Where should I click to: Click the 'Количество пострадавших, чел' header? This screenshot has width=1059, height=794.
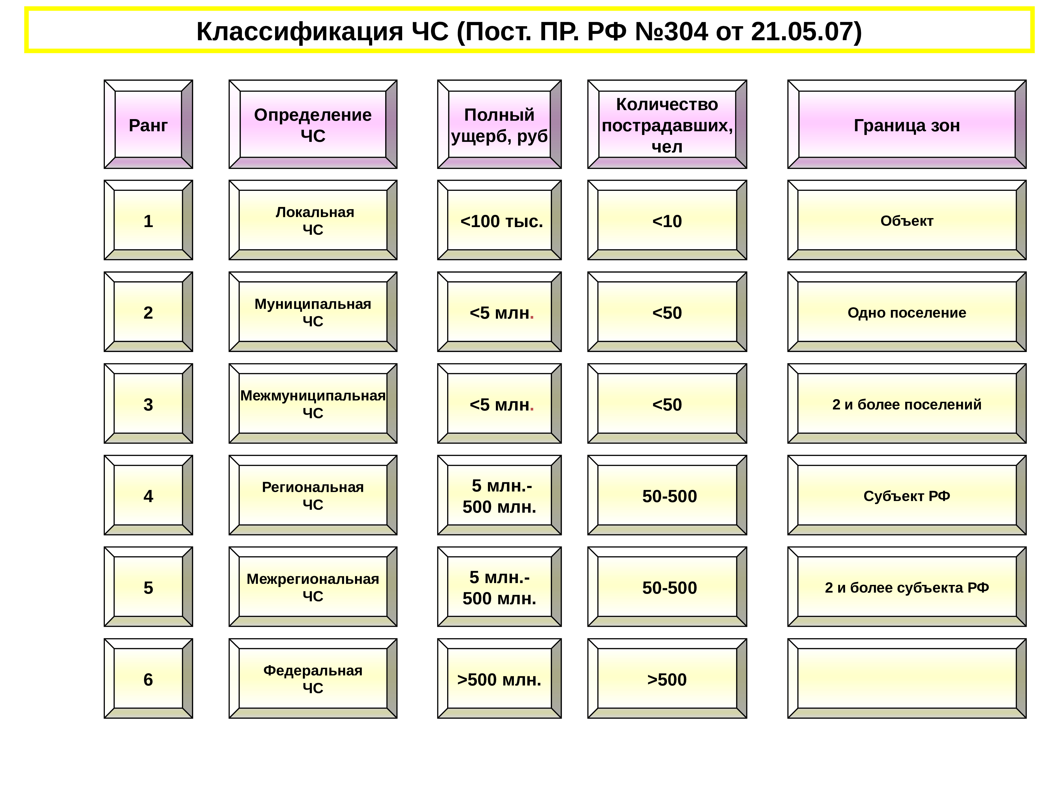point(667,125)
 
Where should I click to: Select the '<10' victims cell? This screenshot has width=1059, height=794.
point(667,221)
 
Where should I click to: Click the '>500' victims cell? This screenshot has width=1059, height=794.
point(667,679)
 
